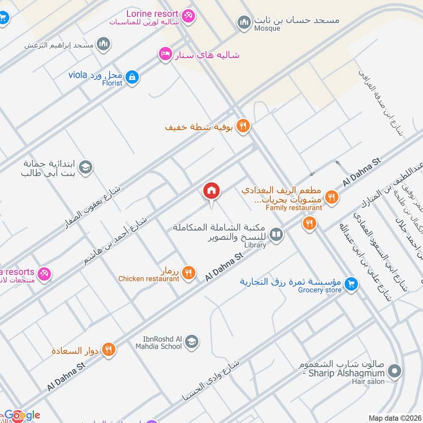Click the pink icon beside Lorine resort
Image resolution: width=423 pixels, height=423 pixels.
[x=188, y=16]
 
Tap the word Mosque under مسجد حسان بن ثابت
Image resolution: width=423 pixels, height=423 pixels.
[x=267, y=29]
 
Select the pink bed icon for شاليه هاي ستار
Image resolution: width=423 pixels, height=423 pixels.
[x=165, y=54]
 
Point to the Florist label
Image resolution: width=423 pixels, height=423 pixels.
[x=112, y=83]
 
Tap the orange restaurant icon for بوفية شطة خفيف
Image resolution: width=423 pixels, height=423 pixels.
[x=243, y=126]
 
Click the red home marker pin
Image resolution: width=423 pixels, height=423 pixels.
[x=212, y=191]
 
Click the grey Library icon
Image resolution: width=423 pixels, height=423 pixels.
[x=276, y=234]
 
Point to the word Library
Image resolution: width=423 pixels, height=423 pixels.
[x=255, y=245]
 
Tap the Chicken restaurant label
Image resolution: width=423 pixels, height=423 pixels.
[x=149, y=279]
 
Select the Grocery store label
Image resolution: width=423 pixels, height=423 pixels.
[x=319, y=290]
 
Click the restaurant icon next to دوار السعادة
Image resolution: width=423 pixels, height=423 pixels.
[x=108, y=350]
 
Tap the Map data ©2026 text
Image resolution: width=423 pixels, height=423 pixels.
[x=394, y=418]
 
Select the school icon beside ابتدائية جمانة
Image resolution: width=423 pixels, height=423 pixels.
[x=86, y=168]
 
